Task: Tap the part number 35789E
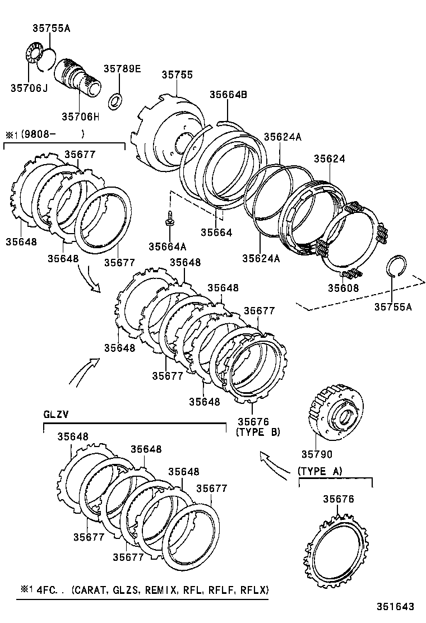tap(122, 69)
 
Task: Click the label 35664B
tap(228, 95)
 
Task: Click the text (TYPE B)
tap(258, 432)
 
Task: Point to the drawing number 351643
tap(395, 607)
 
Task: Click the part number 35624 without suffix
tap(329, 159)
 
